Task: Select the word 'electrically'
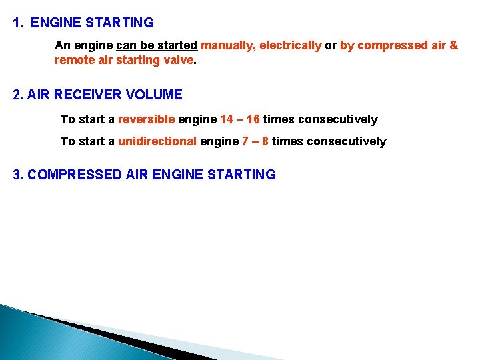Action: tap(290, 46)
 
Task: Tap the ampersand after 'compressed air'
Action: tap(454, 46)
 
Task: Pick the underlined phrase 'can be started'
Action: tap(157, 46)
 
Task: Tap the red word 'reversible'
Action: tap(146, 120)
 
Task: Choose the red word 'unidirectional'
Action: tap(157, 141)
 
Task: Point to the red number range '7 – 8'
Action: tap(255, 141)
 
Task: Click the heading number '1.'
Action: tap(18, 23)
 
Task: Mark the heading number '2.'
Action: tap(18, 95)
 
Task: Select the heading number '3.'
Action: tap(19, 175)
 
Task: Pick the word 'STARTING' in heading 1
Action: tap(120, 23)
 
